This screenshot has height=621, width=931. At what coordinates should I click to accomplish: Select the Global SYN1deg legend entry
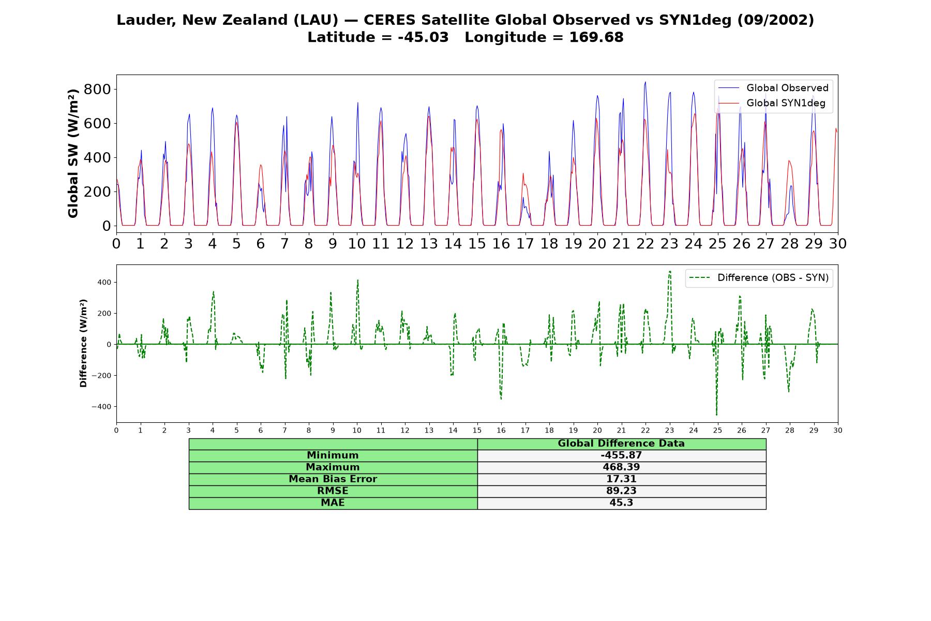(x=772, y=103)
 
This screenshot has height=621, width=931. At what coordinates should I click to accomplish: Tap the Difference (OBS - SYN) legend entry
(x=759, y=278)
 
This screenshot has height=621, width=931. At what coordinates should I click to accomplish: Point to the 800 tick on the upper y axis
(x=97, y=90)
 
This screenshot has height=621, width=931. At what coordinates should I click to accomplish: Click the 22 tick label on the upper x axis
(x=645, y=244)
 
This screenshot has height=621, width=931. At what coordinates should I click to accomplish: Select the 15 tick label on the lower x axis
(x=477, y=430)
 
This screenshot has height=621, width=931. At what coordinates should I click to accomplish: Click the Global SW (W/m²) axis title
(x=73, y=153)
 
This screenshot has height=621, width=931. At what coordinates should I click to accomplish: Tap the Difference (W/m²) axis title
(x=83, y=343)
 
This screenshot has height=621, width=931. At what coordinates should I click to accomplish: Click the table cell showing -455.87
(x=621, y=455)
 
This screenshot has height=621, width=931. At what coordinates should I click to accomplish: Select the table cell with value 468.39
(x=621, y=467)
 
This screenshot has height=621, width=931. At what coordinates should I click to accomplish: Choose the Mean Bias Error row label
(x=333, y=479)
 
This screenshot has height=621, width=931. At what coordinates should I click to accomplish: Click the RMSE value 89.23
(x=621, y=491)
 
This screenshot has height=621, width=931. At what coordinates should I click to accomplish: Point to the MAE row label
(x=333, y=503)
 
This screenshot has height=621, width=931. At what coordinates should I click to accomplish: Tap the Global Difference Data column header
(x=621, y=443)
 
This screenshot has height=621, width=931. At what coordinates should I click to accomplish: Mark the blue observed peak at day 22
(x=645, y=82)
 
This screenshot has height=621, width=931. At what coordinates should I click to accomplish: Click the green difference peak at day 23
(x=670, y=271)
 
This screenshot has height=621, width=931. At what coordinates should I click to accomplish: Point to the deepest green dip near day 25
(x=716, y=415)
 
